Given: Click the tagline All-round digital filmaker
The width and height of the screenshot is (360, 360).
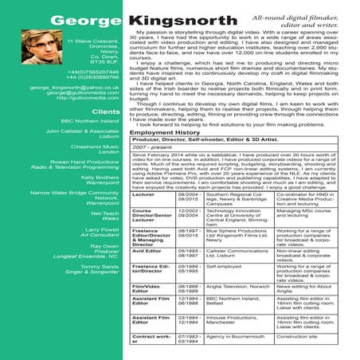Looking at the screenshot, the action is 311,17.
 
